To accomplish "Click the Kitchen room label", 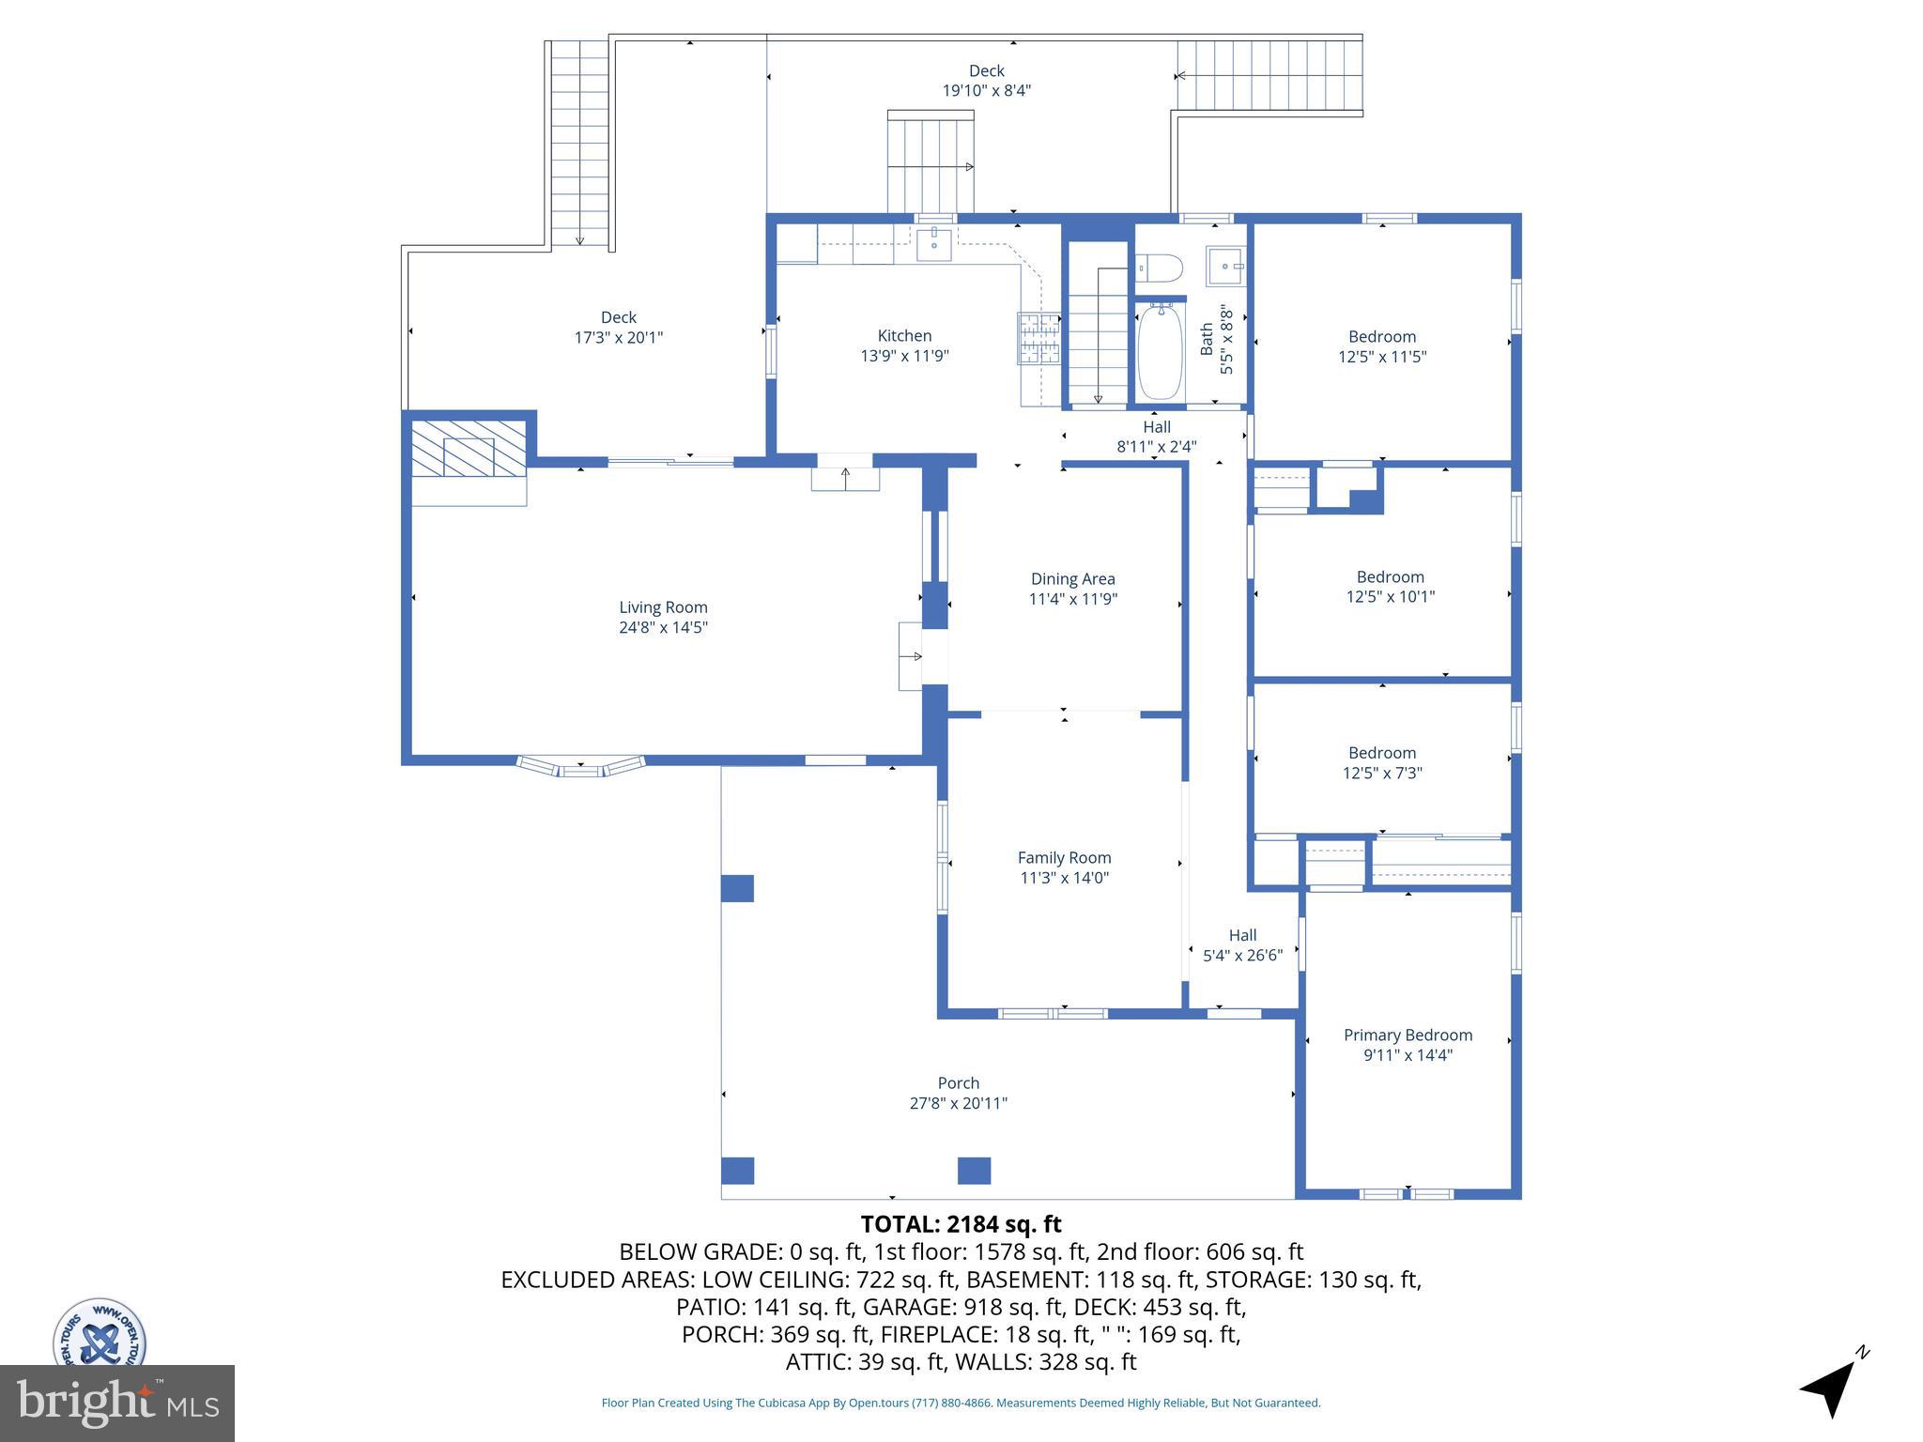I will click(x=904, y=336).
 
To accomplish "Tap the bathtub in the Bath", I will click(x=1161, y=353).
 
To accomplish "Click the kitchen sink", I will click(x=934, y=243).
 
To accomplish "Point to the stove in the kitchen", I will click(x=1038, y=339).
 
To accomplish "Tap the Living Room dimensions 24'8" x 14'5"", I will click(x=663, y=628).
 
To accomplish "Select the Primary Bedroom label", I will click(x=1408, y=1035).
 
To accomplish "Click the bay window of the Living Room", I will click(x=580, y=766).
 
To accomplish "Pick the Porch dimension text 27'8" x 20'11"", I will click(x=958, y=1103).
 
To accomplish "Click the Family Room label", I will click(x=1064, y=857).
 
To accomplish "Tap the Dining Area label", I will click(x=1072, y=579).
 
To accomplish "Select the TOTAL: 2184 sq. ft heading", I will click(x=961, y=1224).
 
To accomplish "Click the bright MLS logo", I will click(x=116, y=1403).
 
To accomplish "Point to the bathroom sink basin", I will click(x=1225, y=266).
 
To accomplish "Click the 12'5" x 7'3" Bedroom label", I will click(x=1382, y=762).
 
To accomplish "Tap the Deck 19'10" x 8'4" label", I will click(x=986, y=81).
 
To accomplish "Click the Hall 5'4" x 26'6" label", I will click(x=1242, y=945).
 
